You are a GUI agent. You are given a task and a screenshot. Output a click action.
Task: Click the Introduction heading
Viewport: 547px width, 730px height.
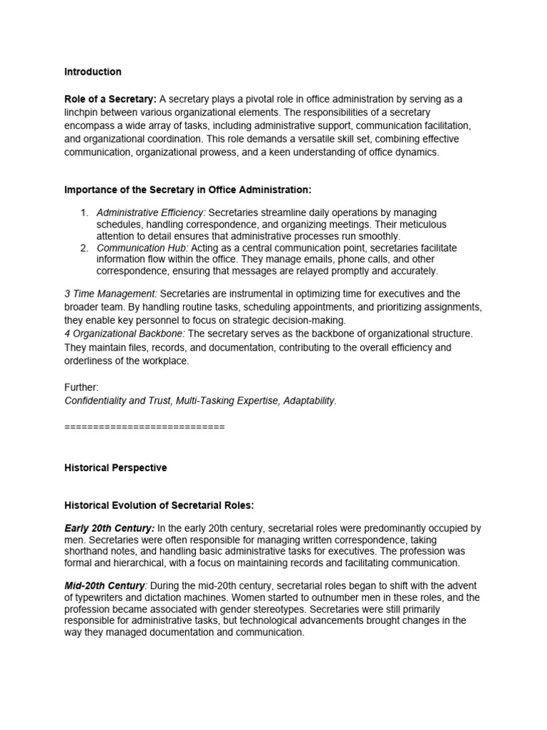[93, 72]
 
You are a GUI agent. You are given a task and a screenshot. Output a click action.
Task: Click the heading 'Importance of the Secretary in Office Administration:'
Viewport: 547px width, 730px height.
[188, 190]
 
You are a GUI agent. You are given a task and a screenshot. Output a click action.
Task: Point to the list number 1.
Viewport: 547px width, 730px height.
[83, 213]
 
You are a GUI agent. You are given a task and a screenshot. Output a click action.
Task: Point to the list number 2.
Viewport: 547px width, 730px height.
[83, 248]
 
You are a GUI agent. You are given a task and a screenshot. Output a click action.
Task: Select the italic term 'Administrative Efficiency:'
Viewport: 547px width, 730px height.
[152, 213]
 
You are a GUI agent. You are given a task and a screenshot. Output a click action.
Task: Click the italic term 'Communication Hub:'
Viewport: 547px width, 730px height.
[142, 248]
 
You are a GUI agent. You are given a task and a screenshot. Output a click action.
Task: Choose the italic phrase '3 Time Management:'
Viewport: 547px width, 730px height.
[110, 294]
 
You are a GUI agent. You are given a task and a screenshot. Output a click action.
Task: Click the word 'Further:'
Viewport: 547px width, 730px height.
[82, 387]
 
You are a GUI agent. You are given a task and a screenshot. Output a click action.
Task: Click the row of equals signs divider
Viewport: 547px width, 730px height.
[144, 427]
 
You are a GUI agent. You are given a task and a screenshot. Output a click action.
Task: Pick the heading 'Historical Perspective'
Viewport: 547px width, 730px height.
[115, 468]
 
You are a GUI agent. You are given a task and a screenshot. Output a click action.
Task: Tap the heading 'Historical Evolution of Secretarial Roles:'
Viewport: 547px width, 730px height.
[159, 505]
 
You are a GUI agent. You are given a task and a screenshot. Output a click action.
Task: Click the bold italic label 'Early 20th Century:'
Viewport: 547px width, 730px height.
[109, 528]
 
